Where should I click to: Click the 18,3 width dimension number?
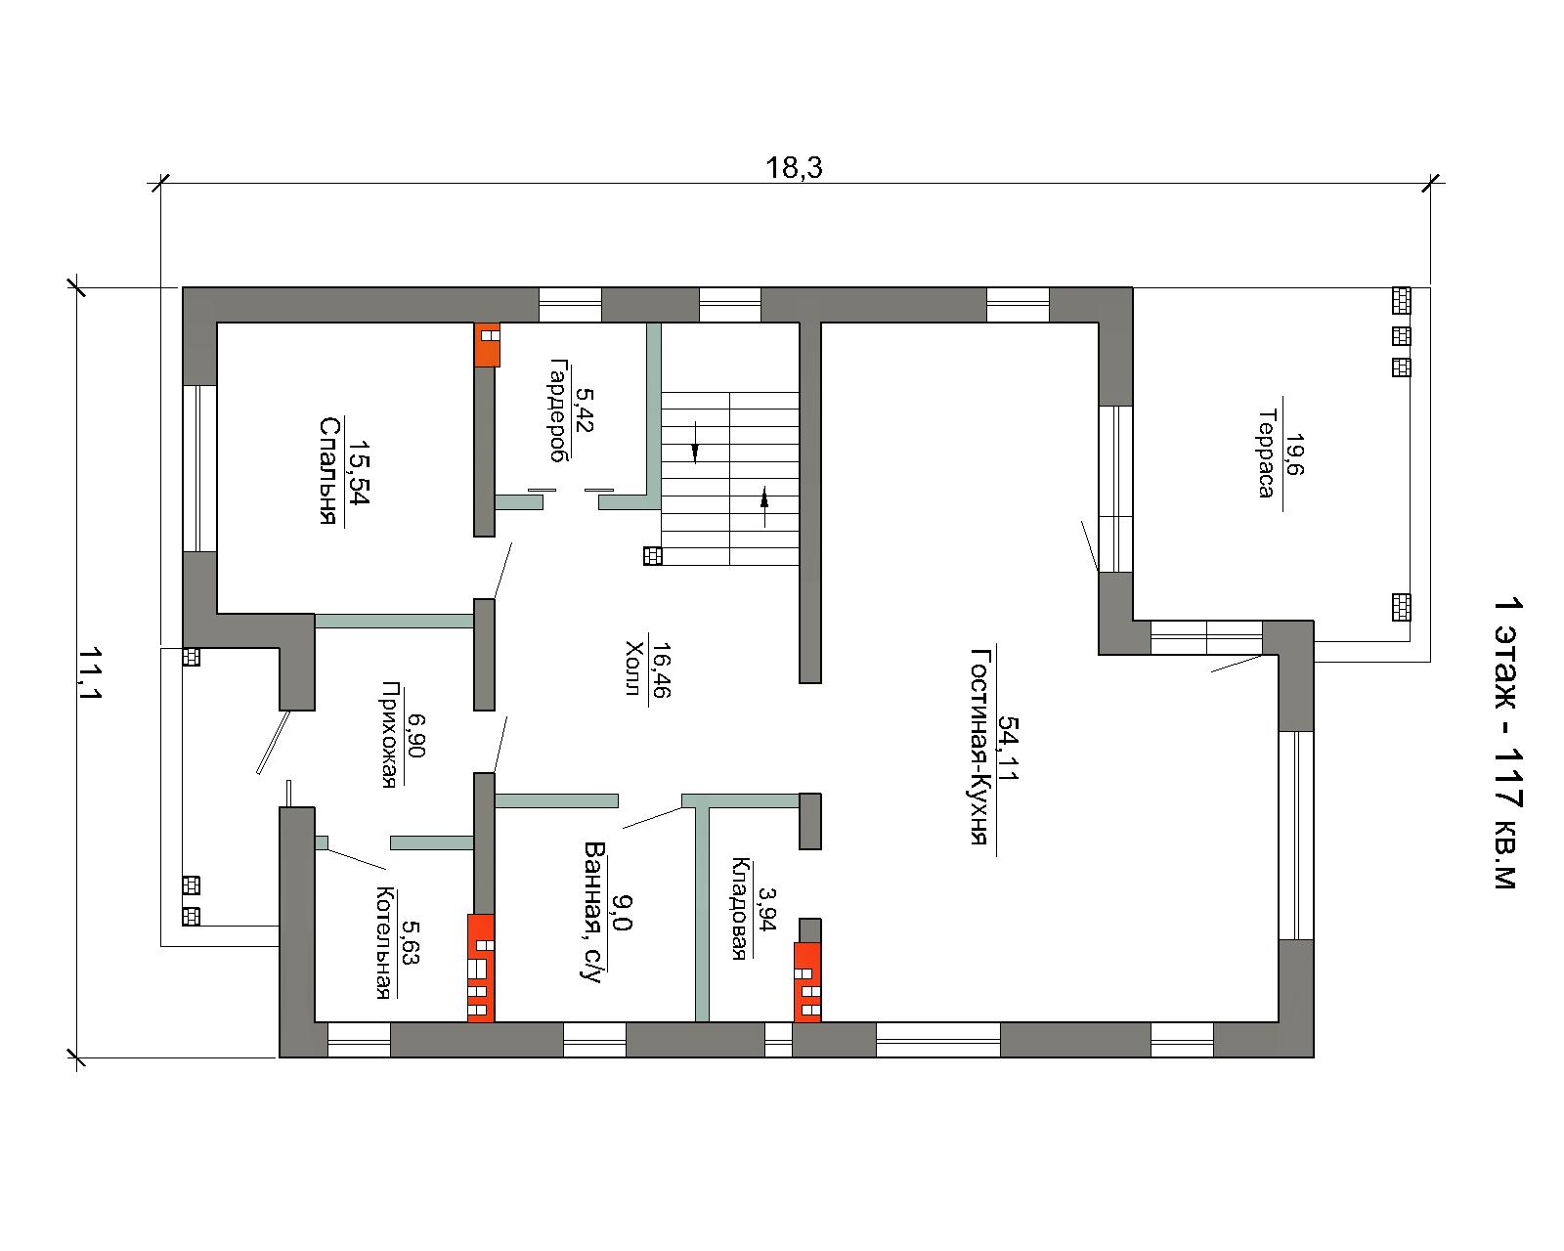coord(794,168)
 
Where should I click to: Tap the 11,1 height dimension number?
coord(90,673)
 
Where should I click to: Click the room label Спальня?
coord(329,470)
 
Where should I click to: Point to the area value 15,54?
coord(360,472)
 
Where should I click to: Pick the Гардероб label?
coord(558,410)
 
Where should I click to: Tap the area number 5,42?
coord(584,410)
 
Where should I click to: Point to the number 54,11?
coord(1009,748)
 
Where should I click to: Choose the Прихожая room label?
coord(390,735)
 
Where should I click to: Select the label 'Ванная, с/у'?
coord(594,912)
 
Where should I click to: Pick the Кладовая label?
coord(740,909)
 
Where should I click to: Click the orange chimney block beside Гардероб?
coord(487,345)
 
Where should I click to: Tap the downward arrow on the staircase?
coord(696,442)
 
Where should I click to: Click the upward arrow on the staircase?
coord(763,506)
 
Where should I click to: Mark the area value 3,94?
coord(767,908)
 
